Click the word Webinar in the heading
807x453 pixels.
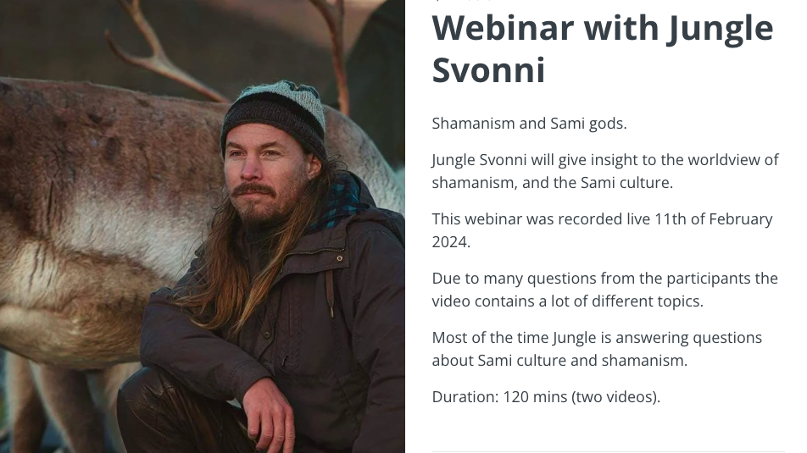coord(503,28)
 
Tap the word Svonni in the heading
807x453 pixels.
coord(488,70)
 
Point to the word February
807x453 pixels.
coord(740,219)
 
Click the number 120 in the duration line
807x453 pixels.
coord(515,397)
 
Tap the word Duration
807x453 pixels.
coord(465,397)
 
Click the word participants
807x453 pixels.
coord(708,279)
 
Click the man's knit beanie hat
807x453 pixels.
coord(274,116)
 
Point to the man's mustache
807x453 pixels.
coord(253,189)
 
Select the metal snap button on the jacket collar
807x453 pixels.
coord(339,258)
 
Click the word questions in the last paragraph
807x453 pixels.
coord(727,339)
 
